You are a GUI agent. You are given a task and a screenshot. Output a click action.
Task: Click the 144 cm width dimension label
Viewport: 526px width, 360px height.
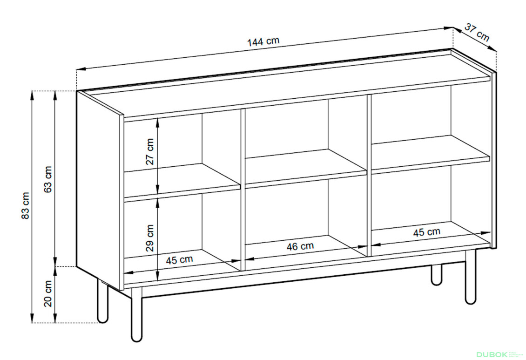tap(263, 41)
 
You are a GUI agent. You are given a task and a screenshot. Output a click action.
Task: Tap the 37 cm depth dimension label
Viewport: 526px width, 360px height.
tap(477, 32)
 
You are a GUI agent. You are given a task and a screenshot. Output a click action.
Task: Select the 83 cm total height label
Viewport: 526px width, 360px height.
tap(26, 206)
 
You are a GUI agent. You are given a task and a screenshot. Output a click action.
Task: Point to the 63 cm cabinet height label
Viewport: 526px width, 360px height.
tap(48, 179)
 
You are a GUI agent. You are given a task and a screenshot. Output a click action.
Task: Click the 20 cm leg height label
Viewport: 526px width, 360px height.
tap(48, 293)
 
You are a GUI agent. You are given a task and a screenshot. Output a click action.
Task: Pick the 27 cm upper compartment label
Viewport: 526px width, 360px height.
tap(149, 152)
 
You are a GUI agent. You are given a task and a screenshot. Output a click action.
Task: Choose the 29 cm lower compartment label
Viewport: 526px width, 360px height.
tap(149, 238)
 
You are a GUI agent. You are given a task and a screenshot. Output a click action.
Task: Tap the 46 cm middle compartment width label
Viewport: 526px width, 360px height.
tap(300, 246)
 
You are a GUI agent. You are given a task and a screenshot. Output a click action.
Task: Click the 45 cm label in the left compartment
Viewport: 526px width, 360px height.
tap(180, 260)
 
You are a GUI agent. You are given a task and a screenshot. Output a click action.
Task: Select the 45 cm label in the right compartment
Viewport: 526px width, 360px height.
tap(427, 232)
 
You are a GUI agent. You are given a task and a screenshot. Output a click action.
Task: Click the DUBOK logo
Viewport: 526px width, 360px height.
tap(498, 354)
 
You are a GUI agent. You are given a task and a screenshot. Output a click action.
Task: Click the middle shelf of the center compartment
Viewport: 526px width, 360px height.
tap(306, 168)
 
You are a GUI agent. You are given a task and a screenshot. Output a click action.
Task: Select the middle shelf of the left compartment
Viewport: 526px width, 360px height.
tap(182, 183)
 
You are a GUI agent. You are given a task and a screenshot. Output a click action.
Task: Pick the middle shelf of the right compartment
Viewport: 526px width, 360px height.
tap(431, 154)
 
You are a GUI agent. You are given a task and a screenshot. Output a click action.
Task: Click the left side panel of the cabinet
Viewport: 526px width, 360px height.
tap(99, 190)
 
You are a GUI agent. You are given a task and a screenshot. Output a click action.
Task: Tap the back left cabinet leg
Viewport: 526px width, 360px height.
tap(103, 300)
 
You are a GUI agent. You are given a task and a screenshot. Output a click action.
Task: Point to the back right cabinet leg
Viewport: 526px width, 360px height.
tap(437, 275)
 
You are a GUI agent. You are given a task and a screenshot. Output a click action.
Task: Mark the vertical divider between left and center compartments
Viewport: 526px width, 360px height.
tap(243, 190)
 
